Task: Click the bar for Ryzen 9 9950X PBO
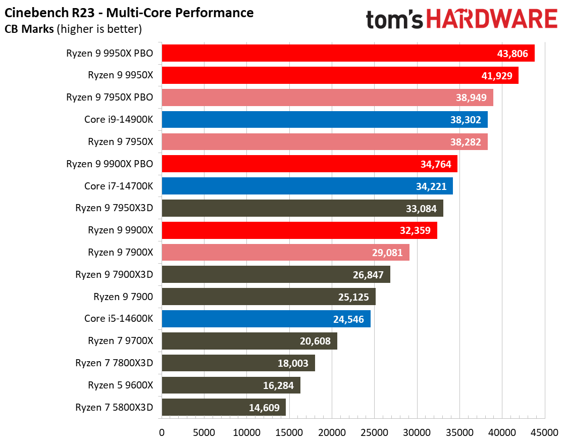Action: pos(348,53)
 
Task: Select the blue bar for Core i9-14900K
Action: pos(324,120)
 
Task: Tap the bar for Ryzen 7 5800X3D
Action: pos(224,407)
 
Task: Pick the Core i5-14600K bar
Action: pos(266,319)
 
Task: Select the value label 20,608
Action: pos(315,341)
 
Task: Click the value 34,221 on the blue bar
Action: pos(430,186)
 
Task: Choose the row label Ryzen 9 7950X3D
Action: pos(114,208)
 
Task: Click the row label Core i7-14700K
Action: pos(119,186)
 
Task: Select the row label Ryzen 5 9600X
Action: pos(120,385)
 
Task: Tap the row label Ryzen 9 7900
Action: pos(123,297)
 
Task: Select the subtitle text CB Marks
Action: pos(29,29)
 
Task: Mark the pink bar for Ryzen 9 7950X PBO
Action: pos(327,97)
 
